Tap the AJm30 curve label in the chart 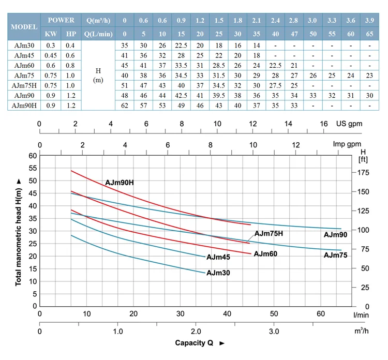(x=218, y=273)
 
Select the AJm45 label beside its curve (x=218, y=257)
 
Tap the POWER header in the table (x=61, y=20)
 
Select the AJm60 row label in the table (x=24, y=66)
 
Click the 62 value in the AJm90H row (x=124, y=105)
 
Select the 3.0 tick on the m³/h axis (x=274, y=332)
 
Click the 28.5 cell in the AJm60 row (x=219, y=66)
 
